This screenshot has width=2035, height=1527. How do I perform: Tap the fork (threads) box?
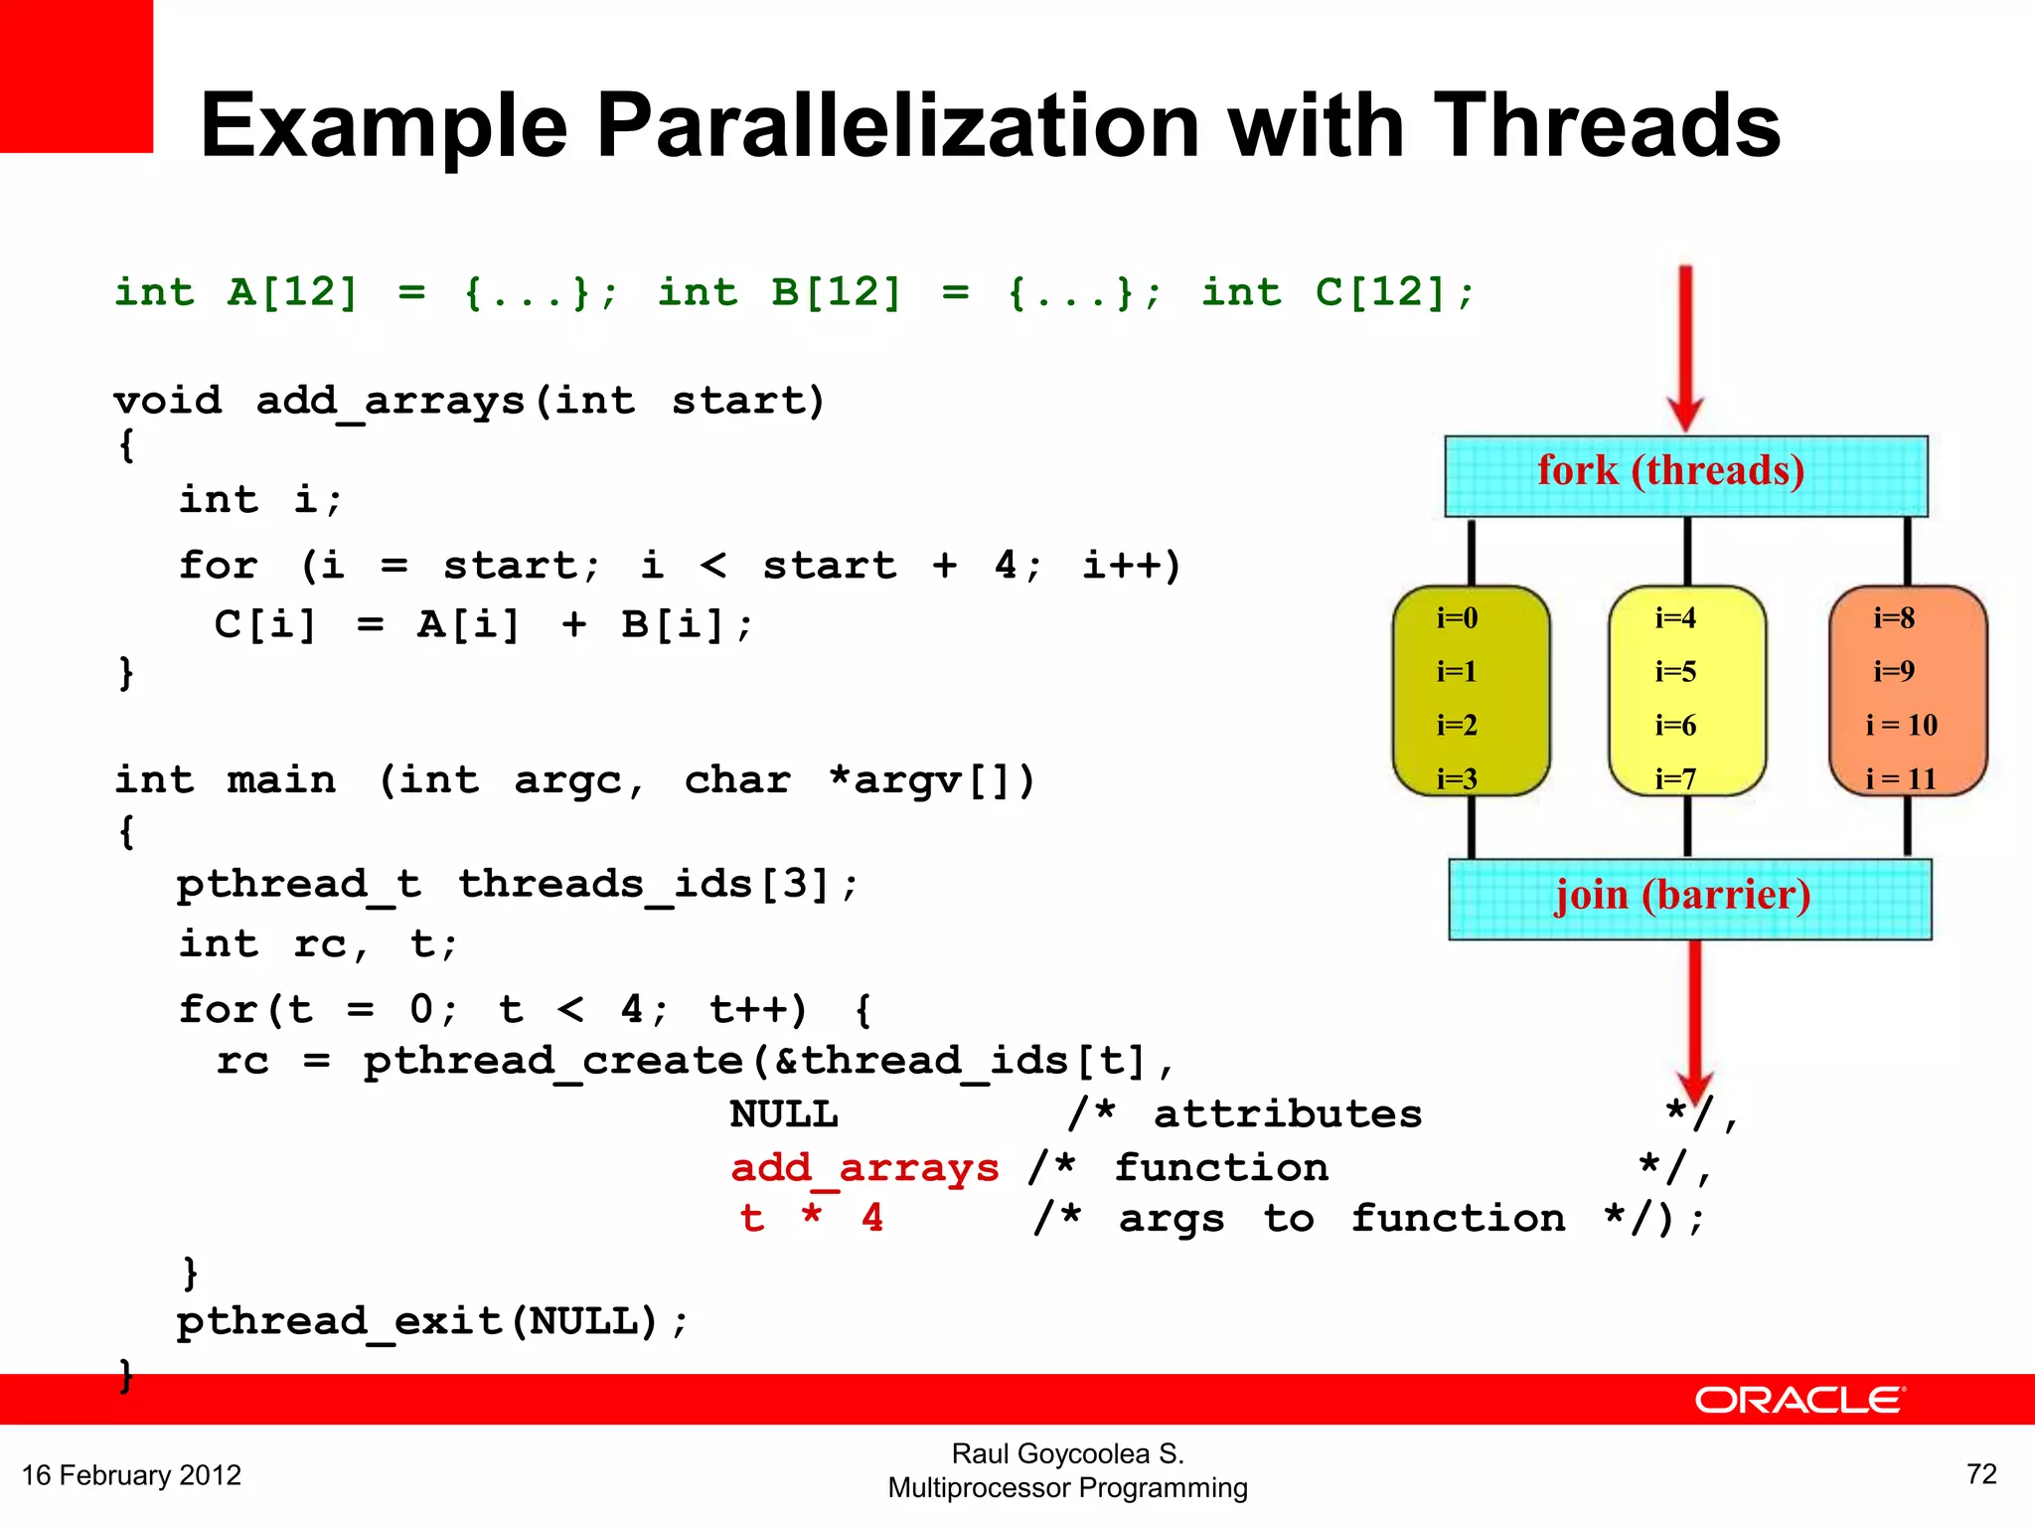pos(1685,474)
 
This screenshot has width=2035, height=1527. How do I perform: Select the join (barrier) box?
pos(1689,898)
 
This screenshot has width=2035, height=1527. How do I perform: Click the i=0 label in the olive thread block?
pos(1457,618)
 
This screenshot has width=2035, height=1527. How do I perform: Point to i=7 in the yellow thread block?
pos(1675,778)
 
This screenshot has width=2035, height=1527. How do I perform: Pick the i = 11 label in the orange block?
pos(1901,778)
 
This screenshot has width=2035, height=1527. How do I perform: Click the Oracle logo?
pos(1800,1400)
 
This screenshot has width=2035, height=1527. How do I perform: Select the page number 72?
pos(1981,1473)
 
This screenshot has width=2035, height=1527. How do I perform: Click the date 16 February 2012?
pos(131,1474)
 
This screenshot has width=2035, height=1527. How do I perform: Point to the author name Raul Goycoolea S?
pos(1067,1453)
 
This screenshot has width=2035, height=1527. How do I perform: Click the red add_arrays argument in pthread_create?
pos(864,1167)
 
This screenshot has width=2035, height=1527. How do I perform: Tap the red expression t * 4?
pos(811,1218)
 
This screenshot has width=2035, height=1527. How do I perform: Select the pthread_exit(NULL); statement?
pos(432,1322)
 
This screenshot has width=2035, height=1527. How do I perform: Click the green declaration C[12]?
pos(1395,292)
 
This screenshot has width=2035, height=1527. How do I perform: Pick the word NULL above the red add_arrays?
pos(784,1114)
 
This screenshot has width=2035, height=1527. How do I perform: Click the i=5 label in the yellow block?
pos(1675,672)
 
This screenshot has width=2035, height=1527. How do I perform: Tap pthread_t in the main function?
pos(298,884)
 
